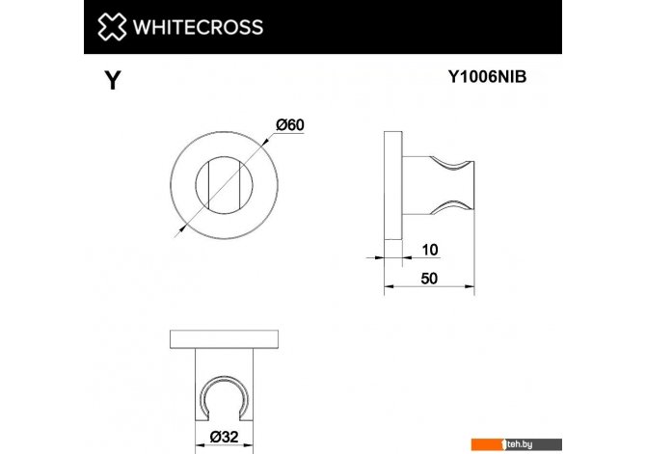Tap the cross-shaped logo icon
(x=114, y=27)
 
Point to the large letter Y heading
(x=112, y=81)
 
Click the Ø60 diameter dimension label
(x=289, y=124)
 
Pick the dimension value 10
(x=430, y=251)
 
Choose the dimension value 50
(x=430, y=278)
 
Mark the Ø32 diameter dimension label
(x=226, y=437)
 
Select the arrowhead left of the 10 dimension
(x=380, y=256)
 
